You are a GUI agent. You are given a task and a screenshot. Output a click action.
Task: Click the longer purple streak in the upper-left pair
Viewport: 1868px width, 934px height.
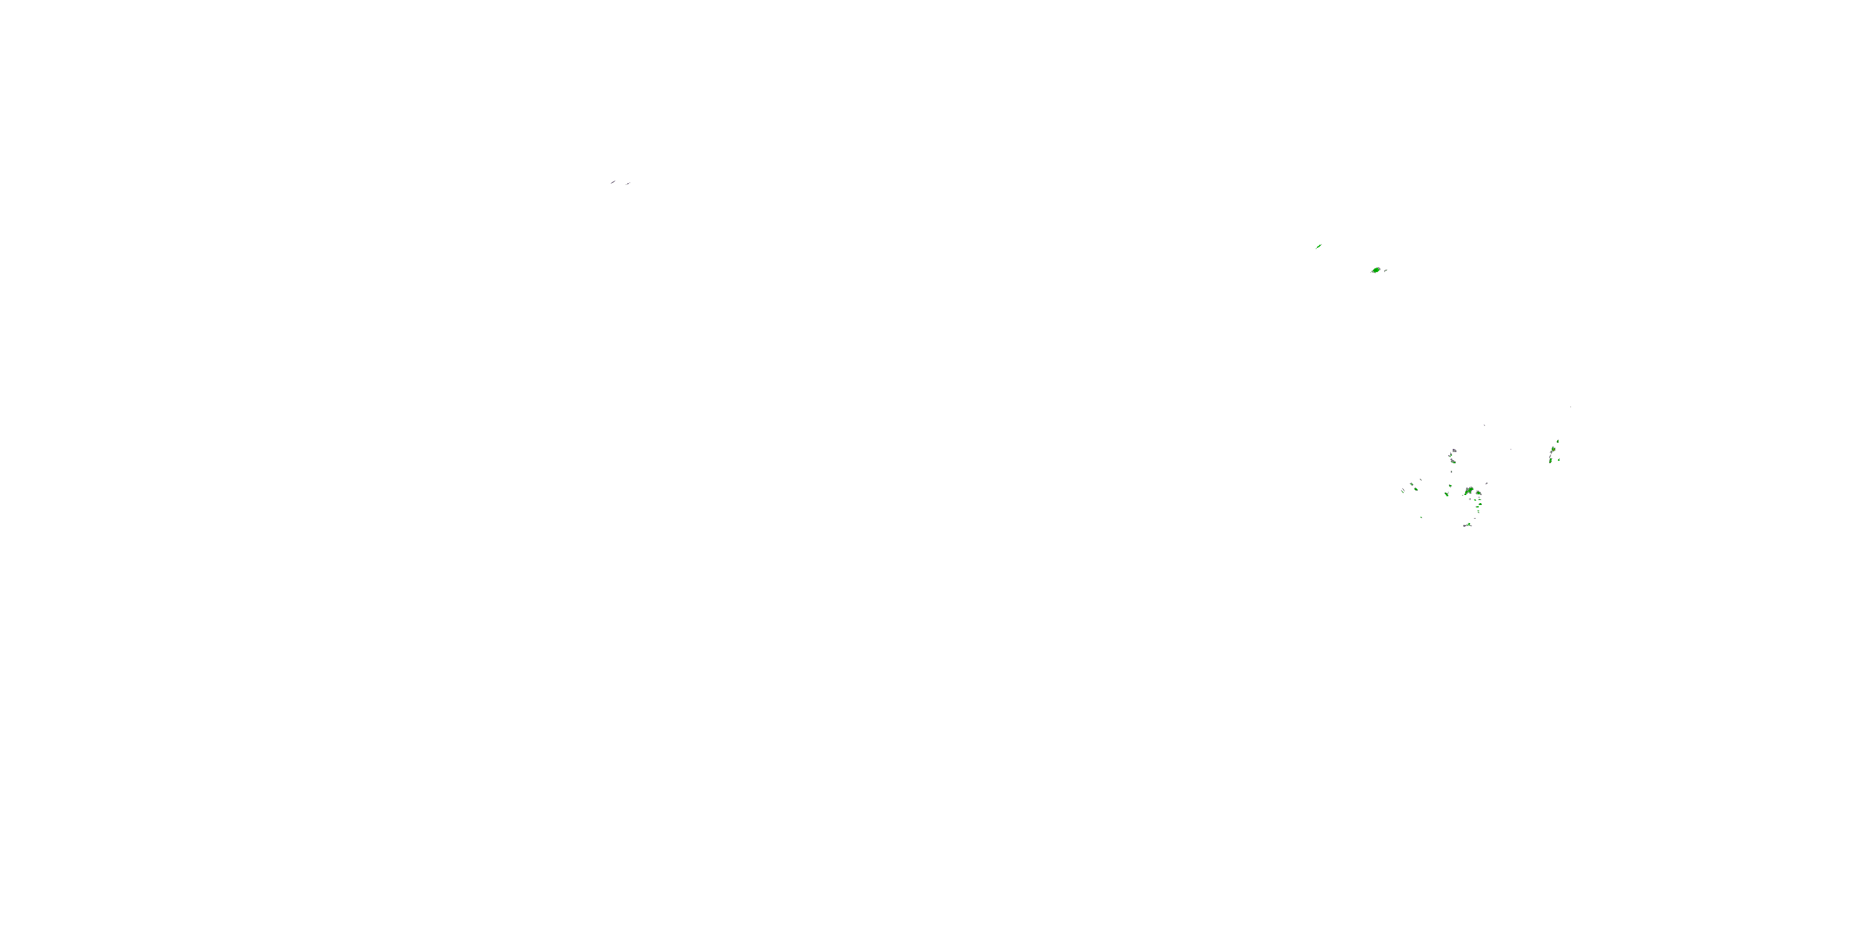613,182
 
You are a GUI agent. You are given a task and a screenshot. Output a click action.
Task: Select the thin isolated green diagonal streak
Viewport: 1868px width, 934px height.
1319,247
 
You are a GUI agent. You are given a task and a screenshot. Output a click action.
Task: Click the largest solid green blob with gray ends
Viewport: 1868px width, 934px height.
1376,270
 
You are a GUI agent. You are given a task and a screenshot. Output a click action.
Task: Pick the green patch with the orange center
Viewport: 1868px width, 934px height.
1554,450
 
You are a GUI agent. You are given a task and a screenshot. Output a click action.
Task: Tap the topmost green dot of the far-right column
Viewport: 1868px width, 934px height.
1558,441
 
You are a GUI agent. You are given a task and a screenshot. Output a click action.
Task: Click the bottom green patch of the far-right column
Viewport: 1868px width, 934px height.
1550,461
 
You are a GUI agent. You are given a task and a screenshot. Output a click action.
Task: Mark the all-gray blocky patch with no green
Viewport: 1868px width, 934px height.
1455,451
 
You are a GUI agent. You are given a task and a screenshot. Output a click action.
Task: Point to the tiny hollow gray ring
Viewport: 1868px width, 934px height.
1470,499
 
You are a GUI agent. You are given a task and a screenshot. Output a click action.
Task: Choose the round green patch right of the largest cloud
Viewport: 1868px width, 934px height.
1479,493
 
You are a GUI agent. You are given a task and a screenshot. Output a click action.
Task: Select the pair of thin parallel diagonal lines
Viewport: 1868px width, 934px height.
1403,491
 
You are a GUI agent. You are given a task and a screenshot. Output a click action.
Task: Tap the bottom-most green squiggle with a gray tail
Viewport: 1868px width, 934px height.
1469,525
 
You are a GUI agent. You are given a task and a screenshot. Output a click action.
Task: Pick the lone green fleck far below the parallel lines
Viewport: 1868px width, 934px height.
1422,518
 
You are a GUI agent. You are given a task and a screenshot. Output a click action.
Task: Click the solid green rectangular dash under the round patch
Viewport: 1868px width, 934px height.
1477,507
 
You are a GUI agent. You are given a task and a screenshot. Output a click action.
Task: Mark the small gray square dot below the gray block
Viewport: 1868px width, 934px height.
1452,472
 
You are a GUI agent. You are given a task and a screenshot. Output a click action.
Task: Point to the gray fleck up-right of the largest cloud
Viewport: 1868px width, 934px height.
1486,484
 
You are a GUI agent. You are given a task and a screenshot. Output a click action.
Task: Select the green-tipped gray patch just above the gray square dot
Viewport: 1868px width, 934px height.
1454,462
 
